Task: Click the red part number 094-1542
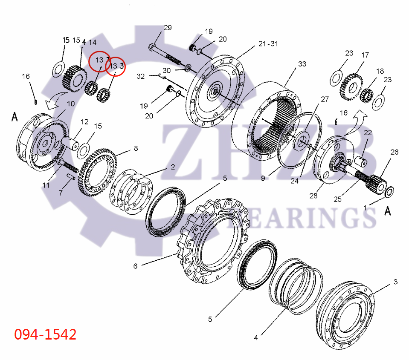tap(45, 334)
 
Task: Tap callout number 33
tap(302, 64)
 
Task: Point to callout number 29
tap(168, 28)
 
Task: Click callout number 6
tap(135, 266)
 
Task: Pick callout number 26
tap(394, 152)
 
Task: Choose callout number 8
tap(136, 148)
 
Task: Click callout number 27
tap(325, 99)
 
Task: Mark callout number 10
tap(70, 104)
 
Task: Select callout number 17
tap(365, 55)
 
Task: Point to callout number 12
tap(84, 122)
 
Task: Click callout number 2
tap(172, 167)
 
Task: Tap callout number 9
tap(263, 178)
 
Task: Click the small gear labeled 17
tap(351, 87)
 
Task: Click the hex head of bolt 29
tap(153, 46)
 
